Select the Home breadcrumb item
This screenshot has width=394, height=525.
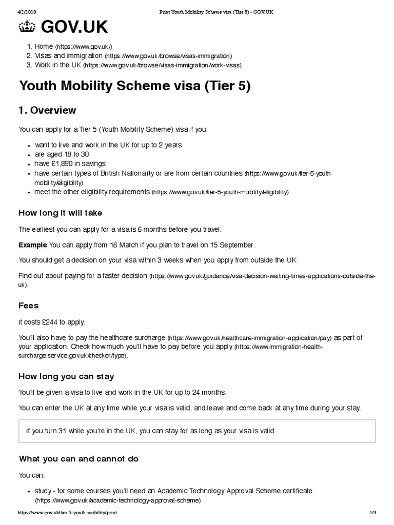(x=44, y=46)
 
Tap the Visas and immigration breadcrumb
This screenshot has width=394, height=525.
(x=68, y=55)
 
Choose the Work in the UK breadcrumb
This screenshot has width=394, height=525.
(x=58, y=65)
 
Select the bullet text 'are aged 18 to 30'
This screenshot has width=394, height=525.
(x=62, y=154)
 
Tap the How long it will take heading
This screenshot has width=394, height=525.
(x=64, y=213)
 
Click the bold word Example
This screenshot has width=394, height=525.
(x=33, y=245)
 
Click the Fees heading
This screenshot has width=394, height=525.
(x=29, y=307)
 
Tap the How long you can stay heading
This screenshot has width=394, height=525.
(x=66, y=376)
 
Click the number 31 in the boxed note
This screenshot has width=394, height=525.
(x=63, y=431)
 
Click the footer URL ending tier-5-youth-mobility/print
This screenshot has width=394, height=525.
(x=70, y=513)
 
